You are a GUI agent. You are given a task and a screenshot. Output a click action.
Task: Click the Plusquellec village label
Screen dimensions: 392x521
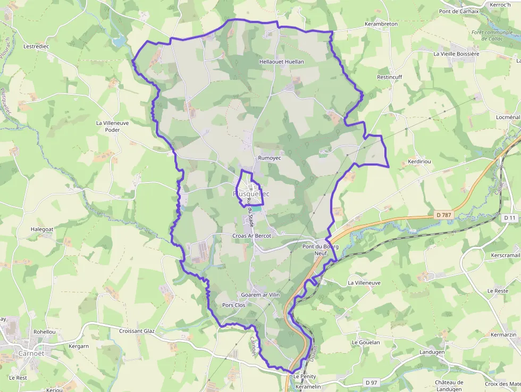[x=251, y=194]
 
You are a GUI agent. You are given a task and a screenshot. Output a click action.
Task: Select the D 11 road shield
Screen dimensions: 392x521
[x=510, y=218]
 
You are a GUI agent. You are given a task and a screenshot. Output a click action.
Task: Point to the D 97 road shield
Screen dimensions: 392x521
[x=371, y=382]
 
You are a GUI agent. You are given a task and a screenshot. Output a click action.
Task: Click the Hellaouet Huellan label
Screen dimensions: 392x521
[x=281, y=62]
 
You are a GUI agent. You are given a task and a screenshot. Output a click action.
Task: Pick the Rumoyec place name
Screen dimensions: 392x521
[x=269, y=158]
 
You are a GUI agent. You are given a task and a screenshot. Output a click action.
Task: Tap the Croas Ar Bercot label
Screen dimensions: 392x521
[x=252, y=236]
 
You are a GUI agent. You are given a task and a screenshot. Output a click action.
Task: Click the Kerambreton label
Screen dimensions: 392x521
[x=381, y=24]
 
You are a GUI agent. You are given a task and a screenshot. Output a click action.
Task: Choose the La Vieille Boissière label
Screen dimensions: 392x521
[x=456, y=54]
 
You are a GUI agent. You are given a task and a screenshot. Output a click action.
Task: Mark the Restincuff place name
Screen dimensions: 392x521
[x=390, y=77]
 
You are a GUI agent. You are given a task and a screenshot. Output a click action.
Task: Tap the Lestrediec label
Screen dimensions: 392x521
[x=36, y=46]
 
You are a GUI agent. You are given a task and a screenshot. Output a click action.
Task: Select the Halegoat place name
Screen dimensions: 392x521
[x=43, y=229]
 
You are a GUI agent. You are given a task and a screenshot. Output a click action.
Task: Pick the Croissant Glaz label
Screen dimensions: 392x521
[x=137, y=331]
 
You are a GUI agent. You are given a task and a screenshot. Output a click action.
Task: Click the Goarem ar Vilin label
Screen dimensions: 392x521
[x=260, y=295]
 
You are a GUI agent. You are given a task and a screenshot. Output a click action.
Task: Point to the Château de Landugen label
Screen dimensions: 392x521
[x=449, y=385]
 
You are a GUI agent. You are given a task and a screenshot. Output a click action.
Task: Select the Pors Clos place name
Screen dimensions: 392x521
[x=234, y=305]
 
